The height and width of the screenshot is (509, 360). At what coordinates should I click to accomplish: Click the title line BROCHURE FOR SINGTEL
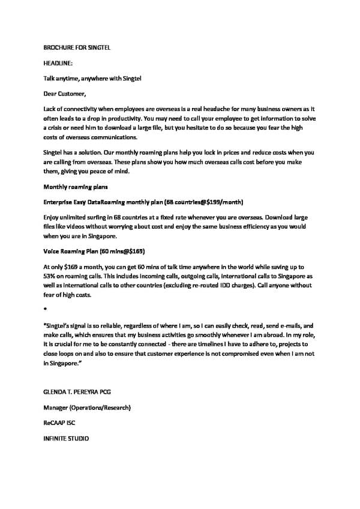(x=77, y=47)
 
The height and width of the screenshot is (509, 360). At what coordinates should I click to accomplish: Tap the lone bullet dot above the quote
(x=46, y=308)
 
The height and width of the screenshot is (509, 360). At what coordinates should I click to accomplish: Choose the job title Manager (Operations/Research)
(x=87, y=408)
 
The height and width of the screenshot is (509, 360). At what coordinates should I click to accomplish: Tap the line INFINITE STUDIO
(x=67, y=439)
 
